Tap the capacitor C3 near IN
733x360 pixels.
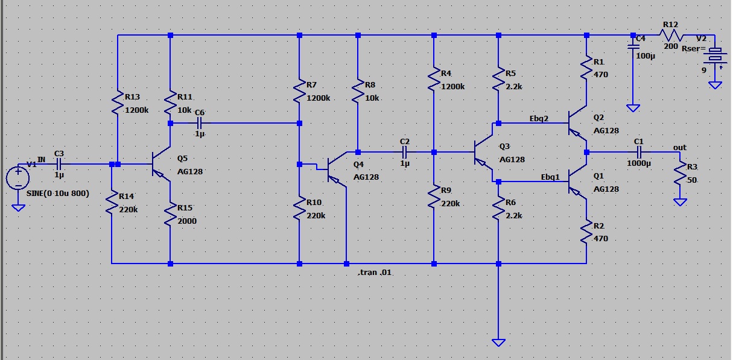pos(59,163)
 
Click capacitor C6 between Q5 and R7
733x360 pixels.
pos(200,123)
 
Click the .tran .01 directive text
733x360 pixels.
pos(375,273)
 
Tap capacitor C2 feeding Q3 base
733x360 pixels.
pos(404,152)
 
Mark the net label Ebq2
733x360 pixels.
pos(539,118)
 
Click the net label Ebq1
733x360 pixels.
pos(550,177)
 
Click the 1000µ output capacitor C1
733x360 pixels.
pos(639,152)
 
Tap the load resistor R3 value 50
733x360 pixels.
pos(680,175)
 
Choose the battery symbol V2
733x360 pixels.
pos(715,55)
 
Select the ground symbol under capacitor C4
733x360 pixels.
pos(633,108)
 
